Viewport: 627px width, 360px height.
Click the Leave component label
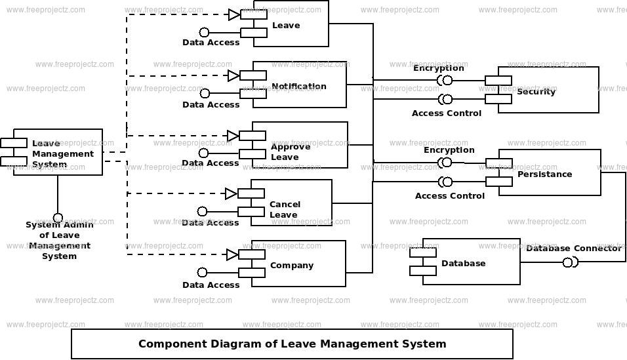[286, 25]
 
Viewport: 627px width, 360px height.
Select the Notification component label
[298, 86]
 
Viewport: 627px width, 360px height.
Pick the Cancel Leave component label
[285, 210]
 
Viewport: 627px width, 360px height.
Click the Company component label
[292, 266]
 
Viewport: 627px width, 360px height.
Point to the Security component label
[536, 92]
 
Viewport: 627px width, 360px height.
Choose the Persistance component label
[544, 174]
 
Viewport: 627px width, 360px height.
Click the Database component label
[464, 263]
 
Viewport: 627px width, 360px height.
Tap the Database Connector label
[574, 248]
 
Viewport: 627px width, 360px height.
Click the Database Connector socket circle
[567, 263]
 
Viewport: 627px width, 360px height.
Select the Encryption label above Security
[439, 68]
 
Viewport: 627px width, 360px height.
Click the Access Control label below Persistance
[450, 195]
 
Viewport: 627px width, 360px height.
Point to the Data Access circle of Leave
[204, 32]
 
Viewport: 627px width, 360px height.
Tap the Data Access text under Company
[211, 285]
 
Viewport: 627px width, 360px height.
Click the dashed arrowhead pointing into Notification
[233, 75]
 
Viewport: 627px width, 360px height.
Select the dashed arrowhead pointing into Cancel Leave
[231, 194]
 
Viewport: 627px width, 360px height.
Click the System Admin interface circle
[58, 218]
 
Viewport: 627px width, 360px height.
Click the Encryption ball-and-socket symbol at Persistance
[445, 163]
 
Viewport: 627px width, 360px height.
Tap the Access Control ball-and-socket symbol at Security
[445, 99]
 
